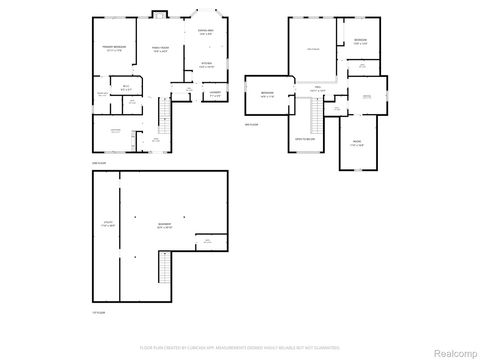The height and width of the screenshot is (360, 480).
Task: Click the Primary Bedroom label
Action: click(x=111, y=49)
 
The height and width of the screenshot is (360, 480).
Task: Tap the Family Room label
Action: click(x=159, y=49)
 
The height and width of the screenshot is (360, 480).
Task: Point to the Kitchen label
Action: click(x=207, y=67)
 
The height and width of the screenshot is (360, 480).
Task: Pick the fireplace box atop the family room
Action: click(x=158, y=14)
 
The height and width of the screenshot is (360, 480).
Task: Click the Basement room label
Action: click(x=165, y=225)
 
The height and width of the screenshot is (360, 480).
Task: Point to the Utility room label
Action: click(x=106, y=225)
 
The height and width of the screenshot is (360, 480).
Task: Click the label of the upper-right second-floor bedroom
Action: click(x=360, y=41)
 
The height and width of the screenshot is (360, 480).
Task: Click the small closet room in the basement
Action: click(x=207, y=242)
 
